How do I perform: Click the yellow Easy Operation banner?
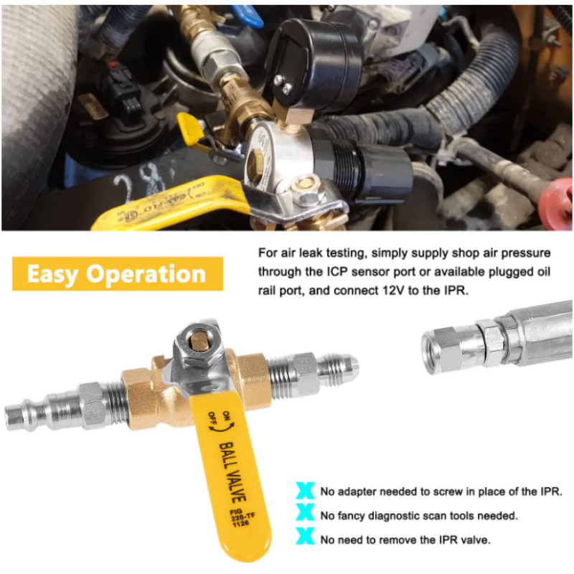click(117, 274)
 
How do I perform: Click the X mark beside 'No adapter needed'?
click(306, 491)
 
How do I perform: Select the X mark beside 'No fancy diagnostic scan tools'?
click(306, 514)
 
